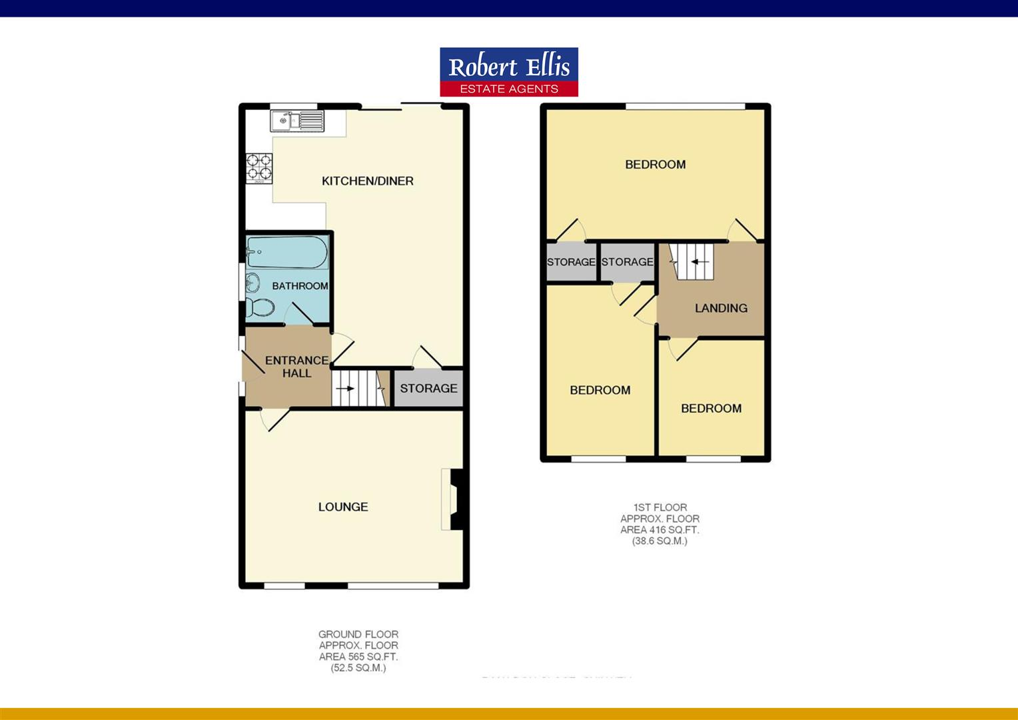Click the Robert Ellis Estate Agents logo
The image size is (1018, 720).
pyautogui.click(x=508, y=72)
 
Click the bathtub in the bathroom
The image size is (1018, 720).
pyautogui.click(x=286, y=253)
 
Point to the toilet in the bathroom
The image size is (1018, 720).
pyautogui.click(x=260, y=307)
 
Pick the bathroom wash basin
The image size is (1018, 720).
pyautogui.click(x=252, y=283)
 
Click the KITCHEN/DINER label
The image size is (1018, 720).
pyautogui.click(x=367, y=181)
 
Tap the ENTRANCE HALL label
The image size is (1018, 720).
pyautogui.click(x=296, y=367)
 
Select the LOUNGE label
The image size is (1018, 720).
pyautogui.click(x=342, y=507)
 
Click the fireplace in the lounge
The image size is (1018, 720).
pyautogui.click(x=453, y=500)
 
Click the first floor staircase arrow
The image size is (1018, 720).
pyautogui.click(x=698, y=262)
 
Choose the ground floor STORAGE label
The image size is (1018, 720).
pyautogui.click(x=428, y=388)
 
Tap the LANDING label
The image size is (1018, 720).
pyautogui.click(x=721, y=308)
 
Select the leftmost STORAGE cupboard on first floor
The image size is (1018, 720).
pyautogui.click(x=571, y=262)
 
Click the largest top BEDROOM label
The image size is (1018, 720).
pyautogui.click(x=655, y=165)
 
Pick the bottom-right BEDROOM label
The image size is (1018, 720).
pyautogui.click(x=711, y=409)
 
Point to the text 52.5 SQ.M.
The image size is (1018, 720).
pyautogui.click(x=358, y=667)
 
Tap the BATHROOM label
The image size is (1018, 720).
pyautogui.click(x=300, y=286)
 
